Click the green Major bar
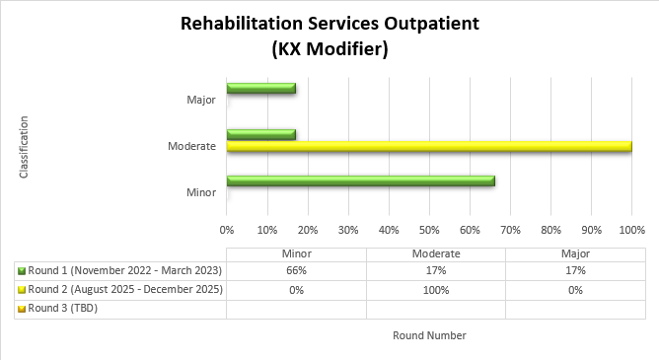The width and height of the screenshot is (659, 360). [260, 89]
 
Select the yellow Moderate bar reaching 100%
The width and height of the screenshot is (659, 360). [428, 146]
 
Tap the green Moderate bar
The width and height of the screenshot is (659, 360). [260, 134]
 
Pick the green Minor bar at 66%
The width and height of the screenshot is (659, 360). [360, 180]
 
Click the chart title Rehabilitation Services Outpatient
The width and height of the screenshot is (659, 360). [329, 25]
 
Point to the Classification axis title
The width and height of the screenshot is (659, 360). [23, 148]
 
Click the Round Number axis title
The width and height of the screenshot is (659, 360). [429, 335]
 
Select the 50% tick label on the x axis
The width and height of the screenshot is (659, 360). [428, 230]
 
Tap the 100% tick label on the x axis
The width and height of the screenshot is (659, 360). [631, 230]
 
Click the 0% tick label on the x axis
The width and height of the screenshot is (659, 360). [227, 230]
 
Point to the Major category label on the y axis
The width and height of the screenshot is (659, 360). [200, 100]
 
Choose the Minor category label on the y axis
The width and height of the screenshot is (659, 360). [200, 191]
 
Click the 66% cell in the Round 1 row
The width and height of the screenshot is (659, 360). [296, 270]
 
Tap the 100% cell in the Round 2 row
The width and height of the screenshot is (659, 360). [435, 290]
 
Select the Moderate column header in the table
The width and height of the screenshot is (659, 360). [435, 252]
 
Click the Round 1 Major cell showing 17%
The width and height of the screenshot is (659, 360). [575, 270]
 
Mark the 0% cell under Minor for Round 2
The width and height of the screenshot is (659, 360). [296, 290]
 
